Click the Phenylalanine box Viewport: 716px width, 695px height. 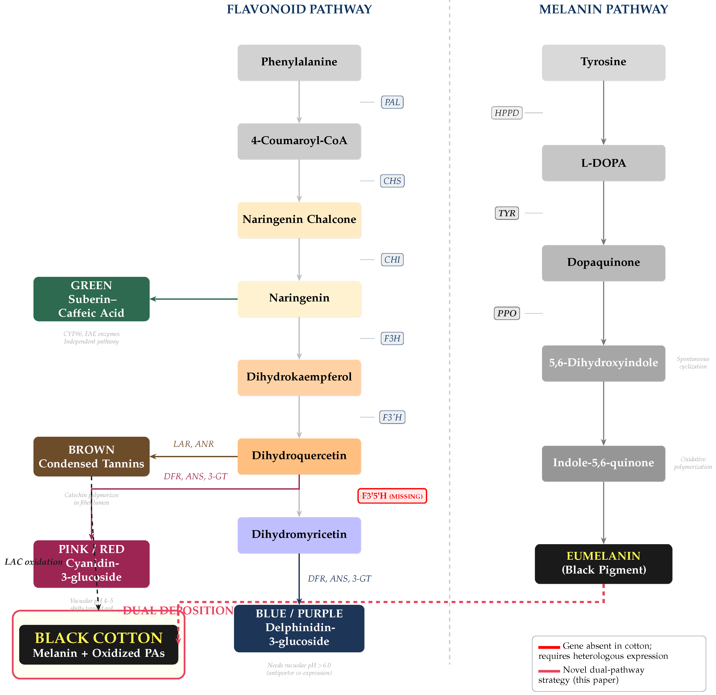pyautogui.click(x=299, y=62)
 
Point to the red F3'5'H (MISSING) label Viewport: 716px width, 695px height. pyautogui.click(x=392, y=496)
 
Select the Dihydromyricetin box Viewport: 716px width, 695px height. pyautogui.click(x=299, y=535)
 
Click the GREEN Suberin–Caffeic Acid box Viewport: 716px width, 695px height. pyautogui.click(x=91, y=299)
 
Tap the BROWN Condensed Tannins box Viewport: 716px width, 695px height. pyautogui.click(x=91, y=457)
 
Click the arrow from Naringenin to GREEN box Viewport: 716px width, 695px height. pyautogui.click(x=194, y=299)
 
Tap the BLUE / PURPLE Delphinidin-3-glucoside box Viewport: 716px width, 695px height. pyautogui.click(x=299, y=628)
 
